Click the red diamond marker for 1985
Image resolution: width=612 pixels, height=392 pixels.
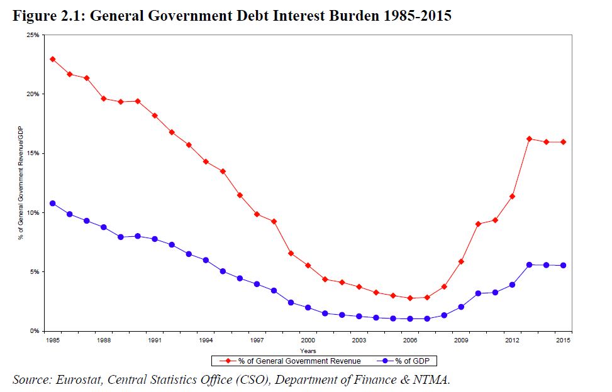coord(53,59)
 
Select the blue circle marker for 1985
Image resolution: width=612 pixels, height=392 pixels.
coord(53,204)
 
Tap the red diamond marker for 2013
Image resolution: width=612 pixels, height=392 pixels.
coord(529,139)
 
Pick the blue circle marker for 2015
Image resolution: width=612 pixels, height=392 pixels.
coord(563,265)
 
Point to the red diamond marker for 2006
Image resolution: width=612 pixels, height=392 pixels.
coord(410,298)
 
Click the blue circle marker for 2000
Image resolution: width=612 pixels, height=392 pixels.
coord(308,308)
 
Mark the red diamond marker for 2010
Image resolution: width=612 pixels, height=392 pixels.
coord(478,224)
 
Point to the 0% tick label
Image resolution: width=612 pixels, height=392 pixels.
coord(35,330)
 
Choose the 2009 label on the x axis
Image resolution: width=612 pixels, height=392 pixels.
coord(461,340)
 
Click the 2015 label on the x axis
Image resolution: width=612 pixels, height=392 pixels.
coord(563,340)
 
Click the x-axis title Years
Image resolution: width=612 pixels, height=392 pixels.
coord(308,351)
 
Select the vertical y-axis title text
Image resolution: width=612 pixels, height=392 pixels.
coord(21,182)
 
